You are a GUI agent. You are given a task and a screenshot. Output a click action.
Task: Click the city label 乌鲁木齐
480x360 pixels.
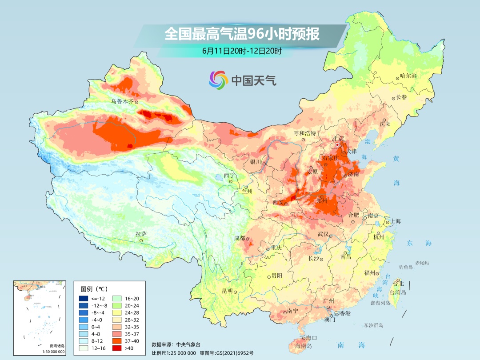(122, 101)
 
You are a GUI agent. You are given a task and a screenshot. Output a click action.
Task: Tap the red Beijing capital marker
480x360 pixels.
(337, 144)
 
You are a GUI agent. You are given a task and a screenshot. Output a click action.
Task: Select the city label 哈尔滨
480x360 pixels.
(408, 76)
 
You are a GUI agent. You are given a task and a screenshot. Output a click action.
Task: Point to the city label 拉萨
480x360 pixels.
(141, 234)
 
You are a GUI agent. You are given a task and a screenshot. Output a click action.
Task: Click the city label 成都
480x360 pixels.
(240, 238)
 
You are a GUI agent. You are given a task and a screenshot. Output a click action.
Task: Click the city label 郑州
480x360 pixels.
(321, 200)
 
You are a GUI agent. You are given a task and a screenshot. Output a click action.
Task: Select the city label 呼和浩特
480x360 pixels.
(304, 133)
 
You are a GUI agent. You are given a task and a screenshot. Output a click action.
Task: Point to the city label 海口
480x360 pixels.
(311, 337)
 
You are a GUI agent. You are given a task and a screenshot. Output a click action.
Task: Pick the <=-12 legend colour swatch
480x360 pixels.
(83, 298)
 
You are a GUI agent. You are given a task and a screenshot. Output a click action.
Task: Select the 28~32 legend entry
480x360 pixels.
(124, 320)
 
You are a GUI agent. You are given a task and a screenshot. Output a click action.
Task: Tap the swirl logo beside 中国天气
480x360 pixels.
(218, 80)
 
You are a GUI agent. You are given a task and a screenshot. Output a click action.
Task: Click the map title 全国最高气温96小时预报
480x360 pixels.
(242, 34)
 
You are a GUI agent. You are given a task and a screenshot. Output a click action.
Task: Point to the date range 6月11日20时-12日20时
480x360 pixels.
(241, 51)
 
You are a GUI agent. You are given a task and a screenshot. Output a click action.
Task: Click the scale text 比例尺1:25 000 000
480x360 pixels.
(174, 352)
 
